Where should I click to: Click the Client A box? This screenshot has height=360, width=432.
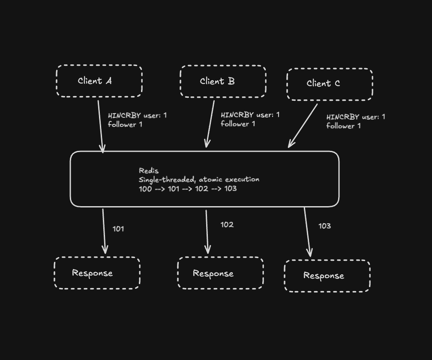[x=99, y=81]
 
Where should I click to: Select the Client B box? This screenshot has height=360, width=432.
[x=223, y=81]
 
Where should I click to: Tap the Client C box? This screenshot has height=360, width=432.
[x=329, y=84]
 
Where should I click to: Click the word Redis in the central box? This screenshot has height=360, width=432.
[x=149, y=171]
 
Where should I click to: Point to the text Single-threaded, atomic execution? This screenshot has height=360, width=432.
[x=199, y=180]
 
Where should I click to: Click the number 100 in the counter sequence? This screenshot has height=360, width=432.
[x=145, y=189]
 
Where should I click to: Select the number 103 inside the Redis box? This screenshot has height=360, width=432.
[x=230, y=189]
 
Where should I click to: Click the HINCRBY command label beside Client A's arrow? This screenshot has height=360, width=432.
[x=137, y=120]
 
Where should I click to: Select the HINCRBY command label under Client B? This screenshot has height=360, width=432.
[x=250, y=120]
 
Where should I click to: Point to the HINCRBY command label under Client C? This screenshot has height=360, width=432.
[x=356, y=121]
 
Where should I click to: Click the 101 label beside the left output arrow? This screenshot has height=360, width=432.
[x=118, y=229]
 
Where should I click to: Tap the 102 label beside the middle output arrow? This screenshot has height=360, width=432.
[x=227, y=225]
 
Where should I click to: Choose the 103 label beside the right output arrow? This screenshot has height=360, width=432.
[x=324, y=226]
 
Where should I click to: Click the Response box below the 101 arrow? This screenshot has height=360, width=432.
[x=97, y=273]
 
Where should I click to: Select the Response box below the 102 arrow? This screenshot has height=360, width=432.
[x=220, y=273]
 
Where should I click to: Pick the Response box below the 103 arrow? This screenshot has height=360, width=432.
[x=327, y=276]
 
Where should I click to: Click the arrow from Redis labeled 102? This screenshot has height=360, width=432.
[x=207, y=231]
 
